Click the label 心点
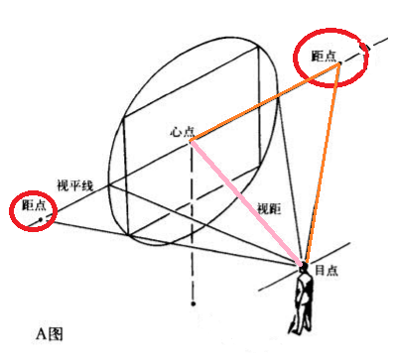tap(182, 132)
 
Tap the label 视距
tap(269, 209)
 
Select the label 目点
tap(327, 270)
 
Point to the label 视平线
tap(75, 185)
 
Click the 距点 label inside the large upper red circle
tap(324, 56)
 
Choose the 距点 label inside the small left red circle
tap(34, 205)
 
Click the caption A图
tap(50, 334)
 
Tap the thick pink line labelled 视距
tap(246, 203)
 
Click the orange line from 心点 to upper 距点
tap(265, 102)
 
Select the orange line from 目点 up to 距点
tap(323, 164)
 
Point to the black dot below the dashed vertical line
tap(194, 303)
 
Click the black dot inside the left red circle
tap(41, 219)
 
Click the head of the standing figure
tap(303, 269)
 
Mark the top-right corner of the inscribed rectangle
tap(258, 47)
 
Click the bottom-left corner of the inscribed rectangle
tap(128, 236)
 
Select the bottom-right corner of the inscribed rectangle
tap(260, 167)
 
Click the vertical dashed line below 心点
tap(192, 220)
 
